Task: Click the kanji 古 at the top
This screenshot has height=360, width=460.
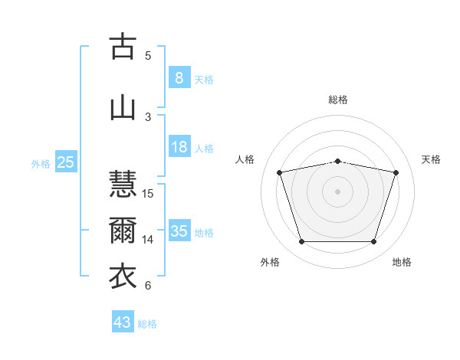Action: tap(123, 46)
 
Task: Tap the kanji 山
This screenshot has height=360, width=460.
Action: tap(123, 109)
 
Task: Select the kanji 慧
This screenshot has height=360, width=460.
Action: tap(123, 183)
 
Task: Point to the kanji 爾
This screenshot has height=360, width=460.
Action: tap(123, 230)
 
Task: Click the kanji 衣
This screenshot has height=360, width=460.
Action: tap(123, 276)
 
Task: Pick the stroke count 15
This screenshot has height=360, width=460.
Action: tap(147, 194)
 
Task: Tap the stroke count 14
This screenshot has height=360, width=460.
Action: tap(147, 240)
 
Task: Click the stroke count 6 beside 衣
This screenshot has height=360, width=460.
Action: tap(148, 286)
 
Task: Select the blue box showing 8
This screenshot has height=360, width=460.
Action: tap(179, 77)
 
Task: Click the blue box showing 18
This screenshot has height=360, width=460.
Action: tap(179, 146)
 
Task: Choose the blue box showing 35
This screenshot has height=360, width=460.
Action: tap(179, 230)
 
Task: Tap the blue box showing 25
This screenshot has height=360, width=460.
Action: tap(66, 162)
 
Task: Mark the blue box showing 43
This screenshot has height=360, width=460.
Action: tap(123, 321)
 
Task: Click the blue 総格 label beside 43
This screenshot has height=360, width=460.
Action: tap(147, 324)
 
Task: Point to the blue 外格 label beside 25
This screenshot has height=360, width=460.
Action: tap(41, 164)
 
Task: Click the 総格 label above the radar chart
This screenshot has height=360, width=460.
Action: tap(338, 100)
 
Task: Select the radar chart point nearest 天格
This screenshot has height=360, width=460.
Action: tap(396, 172)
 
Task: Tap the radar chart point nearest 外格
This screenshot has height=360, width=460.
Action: tap(301, 241)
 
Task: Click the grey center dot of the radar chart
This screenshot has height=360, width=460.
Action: tap(337, 191)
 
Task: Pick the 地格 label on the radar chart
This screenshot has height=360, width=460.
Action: tap(402, 262)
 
